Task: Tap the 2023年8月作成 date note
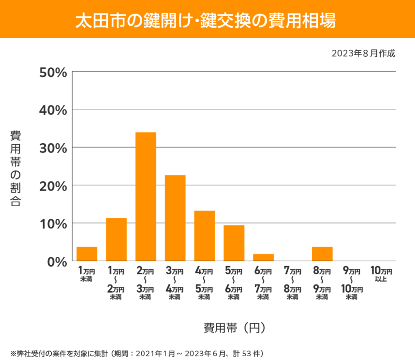(363, 54)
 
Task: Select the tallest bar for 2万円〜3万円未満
(146, 196)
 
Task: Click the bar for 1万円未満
(87, 254)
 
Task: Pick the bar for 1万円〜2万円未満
(116, 240)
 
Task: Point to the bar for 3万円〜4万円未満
(175, 218)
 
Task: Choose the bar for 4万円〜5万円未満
(205, 236)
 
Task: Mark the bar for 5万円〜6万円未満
(234, 243)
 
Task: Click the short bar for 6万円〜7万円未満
(263, 257)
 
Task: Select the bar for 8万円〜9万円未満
(322, 254)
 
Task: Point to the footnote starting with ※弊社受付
(136, 353)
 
